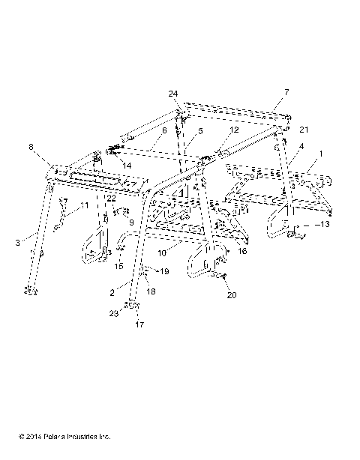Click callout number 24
point(173,93)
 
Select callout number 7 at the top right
point(286,91)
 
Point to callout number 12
point(235,130)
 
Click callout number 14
point(126,164)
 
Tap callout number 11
point(85,205)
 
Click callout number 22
point(110,198)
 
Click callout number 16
point(242,252)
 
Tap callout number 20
point(232,294)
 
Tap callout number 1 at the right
point(322,153)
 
